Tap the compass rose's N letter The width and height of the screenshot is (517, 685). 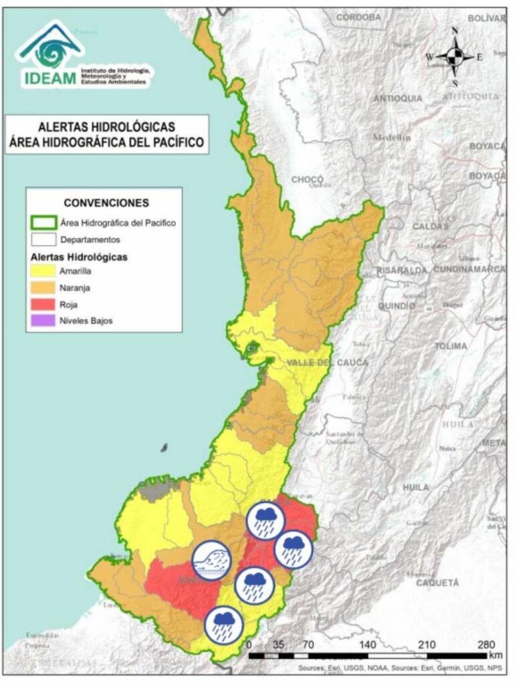point(455,31)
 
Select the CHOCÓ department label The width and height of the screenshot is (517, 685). point(307,179)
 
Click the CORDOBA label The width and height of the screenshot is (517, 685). point(358,17)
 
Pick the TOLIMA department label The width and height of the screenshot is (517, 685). point(450,346)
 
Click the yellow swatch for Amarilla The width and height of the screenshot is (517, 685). point(43,272)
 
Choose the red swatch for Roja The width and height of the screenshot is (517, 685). point(43,304)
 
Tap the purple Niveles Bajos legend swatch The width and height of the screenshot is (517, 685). point(43,320)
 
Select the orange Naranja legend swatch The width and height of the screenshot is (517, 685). point(43,288)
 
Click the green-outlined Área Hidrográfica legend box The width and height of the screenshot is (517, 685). point(43,223)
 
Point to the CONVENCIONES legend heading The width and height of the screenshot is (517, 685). point(106,203)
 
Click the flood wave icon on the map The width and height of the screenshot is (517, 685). point(212,560)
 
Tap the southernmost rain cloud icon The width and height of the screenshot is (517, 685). point(224,625)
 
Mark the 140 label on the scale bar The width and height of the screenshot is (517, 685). point(367,645)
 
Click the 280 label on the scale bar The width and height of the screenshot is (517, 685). point(486,645)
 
